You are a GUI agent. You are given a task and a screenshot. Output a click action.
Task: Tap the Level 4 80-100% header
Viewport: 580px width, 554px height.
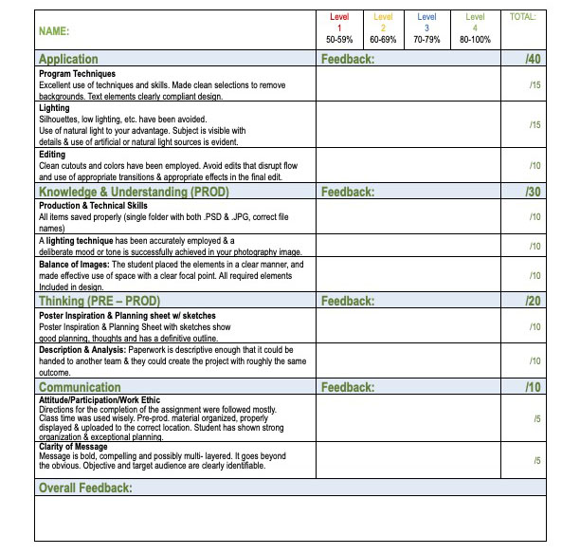[x=475, y=28]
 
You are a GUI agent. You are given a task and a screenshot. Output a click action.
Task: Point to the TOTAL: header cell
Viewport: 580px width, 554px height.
[x=522, y=17]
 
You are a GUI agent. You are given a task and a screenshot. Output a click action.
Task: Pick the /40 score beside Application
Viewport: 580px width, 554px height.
[x=533, y=59]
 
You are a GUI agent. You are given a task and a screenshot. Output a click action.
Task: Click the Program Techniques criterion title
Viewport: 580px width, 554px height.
[x=77, y=73]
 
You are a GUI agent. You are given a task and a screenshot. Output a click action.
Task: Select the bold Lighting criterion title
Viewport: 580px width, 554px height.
[x=54, y=108]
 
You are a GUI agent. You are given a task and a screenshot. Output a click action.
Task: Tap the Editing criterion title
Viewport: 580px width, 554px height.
[x=52, y=154]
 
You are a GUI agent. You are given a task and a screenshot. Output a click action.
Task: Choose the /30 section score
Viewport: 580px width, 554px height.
[x=533, y=192]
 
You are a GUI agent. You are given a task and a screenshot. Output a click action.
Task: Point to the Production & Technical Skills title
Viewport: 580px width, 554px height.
[x=93, y=205]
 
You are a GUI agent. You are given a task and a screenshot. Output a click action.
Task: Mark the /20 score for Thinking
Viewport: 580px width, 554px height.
[x=533, y=301]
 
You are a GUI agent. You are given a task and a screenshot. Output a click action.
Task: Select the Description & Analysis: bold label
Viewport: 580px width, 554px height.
[x=87, y=350]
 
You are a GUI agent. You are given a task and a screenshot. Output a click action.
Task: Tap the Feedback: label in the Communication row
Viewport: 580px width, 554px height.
[x=348, y=387]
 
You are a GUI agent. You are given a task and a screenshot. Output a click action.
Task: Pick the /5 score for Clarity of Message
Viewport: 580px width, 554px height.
[x=536, y=460]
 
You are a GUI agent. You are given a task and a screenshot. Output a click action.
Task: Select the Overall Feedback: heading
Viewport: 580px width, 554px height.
[x=85, y=488]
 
